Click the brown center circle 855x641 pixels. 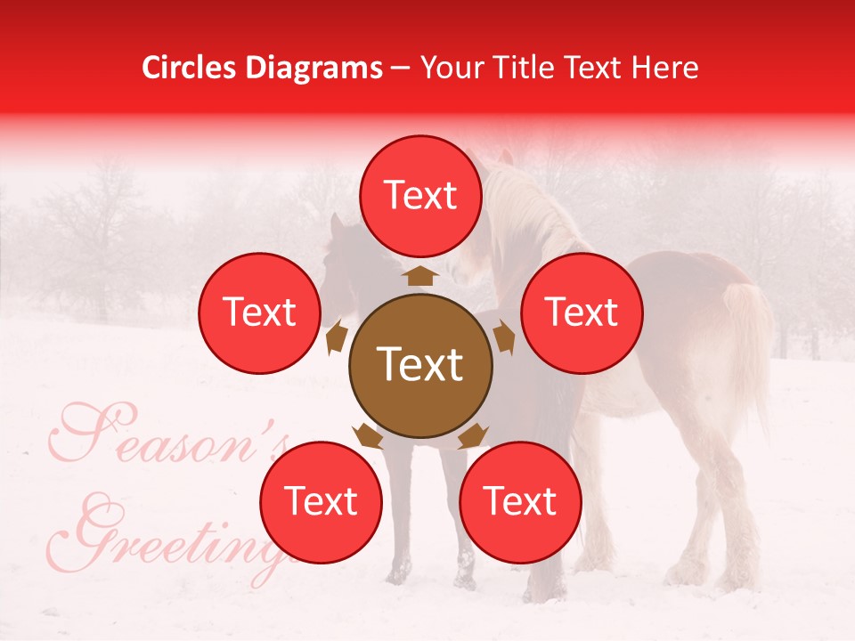[420, 365]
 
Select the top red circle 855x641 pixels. [420, 196]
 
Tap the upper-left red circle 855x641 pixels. [259, 312]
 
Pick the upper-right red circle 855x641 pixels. [581, 312]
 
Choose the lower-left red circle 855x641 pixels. [321, 502]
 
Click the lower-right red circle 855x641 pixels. [520, 502]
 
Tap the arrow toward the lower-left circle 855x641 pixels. [368, 435]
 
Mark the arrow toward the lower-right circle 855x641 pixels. [473, 435]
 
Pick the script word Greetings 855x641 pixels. [178, 534]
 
